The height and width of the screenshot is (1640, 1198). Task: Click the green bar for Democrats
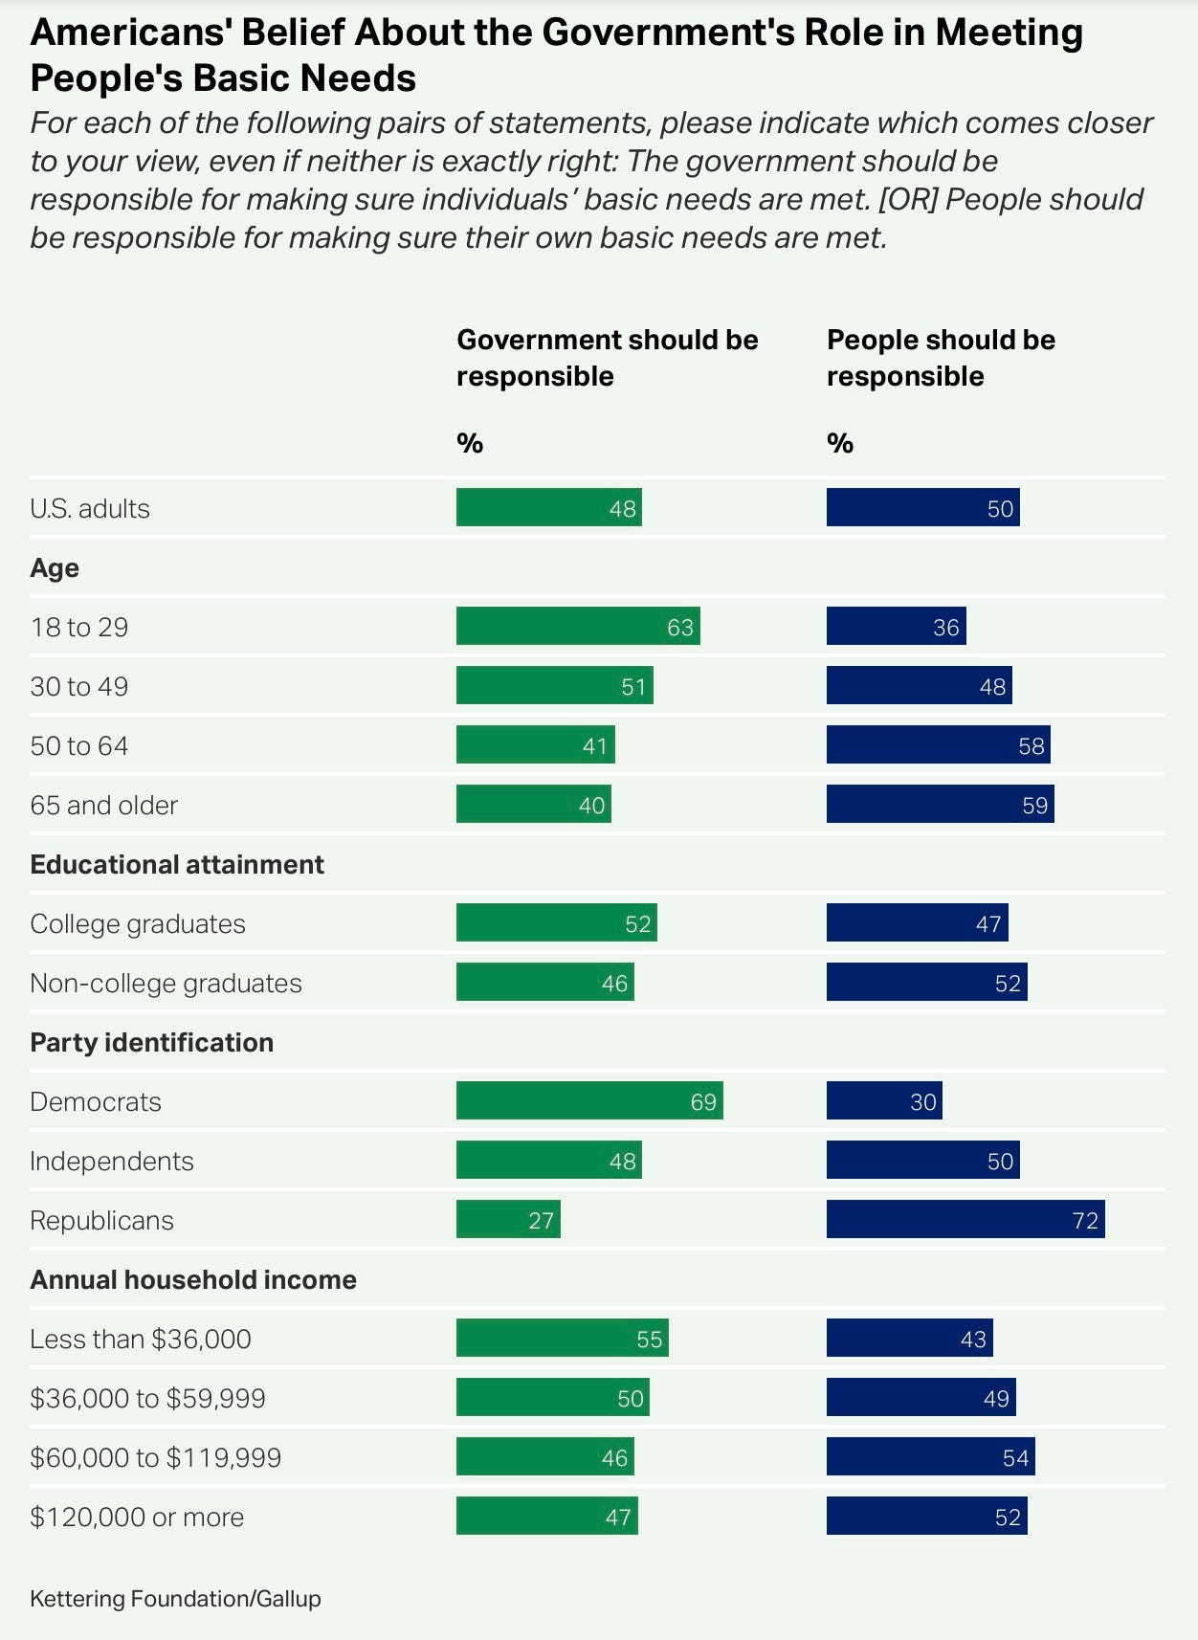click(589, 1100)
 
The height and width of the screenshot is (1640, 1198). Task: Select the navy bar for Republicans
click(965, 1219)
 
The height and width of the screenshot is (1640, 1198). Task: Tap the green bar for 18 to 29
click(578, 626)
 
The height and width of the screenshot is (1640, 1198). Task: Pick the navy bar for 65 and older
click(941, 804)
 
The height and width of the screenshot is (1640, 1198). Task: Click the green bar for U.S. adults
click(549, 507)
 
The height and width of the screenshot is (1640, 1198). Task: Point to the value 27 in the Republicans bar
click(542, 1221)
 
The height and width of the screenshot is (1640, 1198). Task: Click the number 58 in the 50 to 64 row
click(1032, 746)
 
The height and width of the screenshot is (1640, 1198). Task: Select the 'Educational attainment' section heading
click(176, 864)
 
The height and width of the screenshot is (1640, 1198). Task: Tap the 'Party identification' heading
click(151, 1043)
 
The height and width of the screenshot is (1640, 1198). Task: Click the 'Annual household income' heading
click(193, 1279)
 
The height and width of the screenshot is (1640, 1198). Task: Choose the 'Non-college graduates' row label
click(166, 984)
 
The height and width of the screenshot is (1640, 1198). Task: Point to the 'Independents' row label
click(112, 1162)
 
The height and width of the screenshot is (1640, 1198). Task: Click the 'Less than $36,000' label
click(141, 1340)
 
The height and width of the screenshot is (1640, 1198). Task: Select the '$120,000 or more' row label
click(137, 1517)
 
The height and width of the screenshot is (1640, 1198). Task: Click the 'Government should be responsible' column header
click(607, 357)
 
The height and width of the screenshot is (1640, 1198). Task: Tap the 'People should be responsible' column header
click(941, 357)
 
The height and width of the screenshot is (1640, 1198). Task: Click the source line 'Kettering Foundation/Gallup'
click(176, 1598)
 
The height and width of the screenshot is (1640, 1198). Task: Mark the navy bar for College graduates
click(918, 922)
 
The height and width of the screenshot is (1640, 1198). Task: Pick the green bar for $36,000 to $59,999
click(553, 1397)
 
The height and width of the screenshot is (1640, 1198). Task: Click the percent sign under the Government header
click(470, 443)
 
